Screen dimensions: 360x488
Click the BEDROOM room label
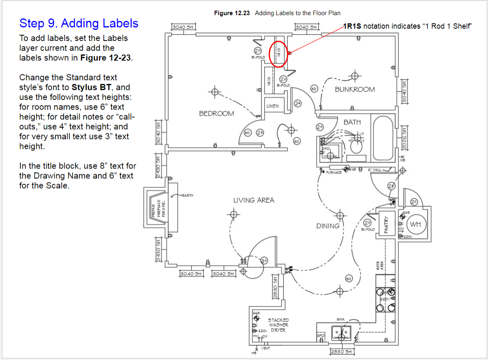click(216, 113)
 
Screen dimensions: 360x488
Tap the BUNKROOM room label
click(354, 89)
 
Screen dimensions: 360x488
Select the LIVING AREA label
click(253, 200)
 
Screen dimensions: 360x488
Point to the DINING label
click(328, 226)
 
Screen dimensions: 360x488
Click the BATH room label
click(352, 122)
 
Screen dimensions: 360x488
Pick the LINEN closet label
click(273, 106)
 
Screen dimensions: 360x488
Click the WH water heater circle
click(415, 224)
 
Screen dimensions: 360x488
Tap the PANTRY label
click(386, 225)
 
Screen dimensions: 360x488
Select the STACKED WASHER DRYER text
click(278, 325)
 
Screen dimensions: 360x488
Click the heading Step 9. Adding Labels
click(79, 23)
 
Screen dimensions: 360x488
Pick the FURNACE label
click(334, 173)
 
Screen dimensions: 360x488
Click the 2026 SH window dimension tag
click(404, 137)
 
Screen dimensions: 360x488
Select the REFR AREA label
click(380, 266)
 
